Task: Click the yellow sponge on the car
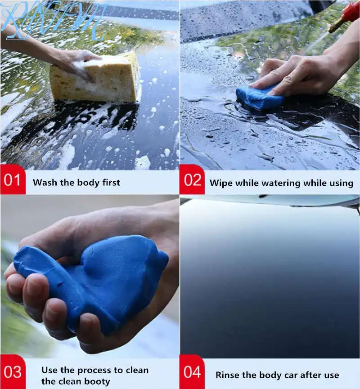pyautogui.click(x=97, y=79)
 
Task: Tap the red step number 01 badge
pyautogui.click(x=13, y=182)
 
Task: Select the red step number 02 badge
pyautogui.click(x=193, y=182)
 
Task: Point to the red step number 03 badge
pyautogui.click(x=13, y=372)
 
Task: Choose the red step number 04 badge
pyautogui.click(x=193, y=372)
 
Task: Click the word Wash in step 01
pyautogui.click(x=44, y=183)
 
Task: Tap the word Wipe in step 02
pyautogui.click(x=220, y=183)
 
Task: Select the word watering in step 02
pyautogui.click(x=279, y=183)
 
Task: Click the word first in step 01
pyautogui.click(x=109, y=183)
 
